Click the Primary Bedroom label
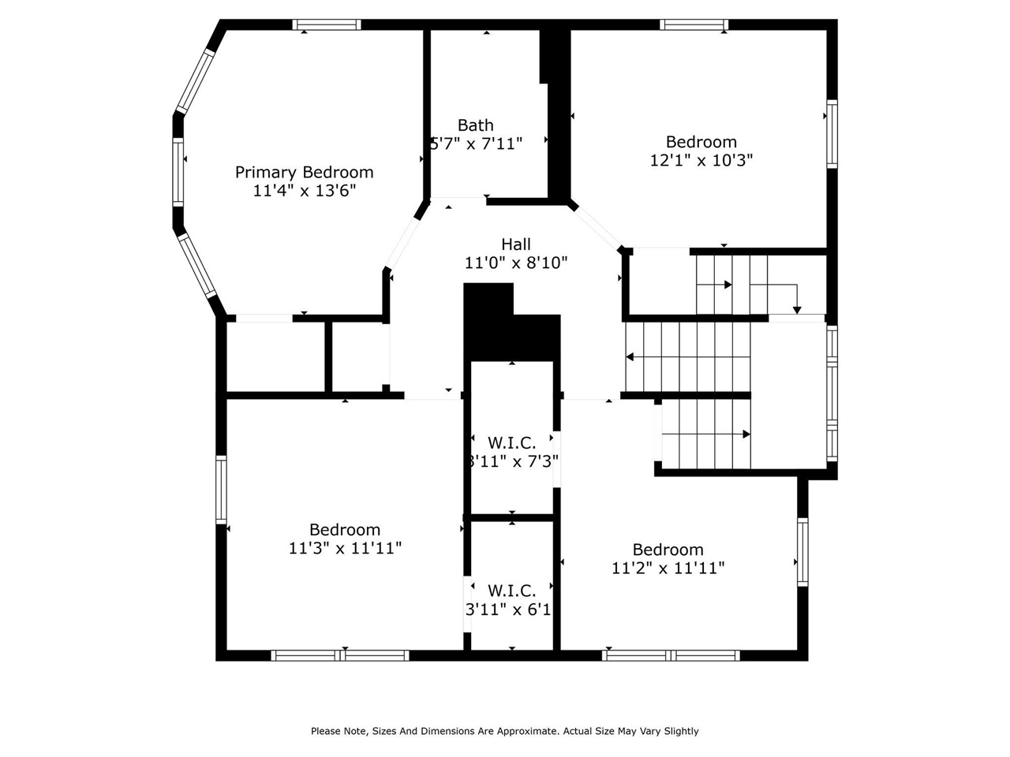pos(304,172)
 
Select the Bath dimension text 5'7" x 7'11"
pos(477,144)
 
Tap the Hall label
pos(516,244)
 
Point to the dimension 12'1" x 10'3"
pos(701,160)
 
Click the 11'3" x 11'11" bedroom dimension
pos(345,548)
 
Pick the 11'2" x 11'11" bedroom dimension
pos(668,568)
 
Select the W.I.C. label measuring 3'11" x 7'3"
pos(511,442)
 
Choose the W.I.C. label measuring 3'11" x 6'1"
pos(511,591)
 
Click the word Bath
pos(476,125)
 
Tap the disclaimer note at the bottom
pos(505,731)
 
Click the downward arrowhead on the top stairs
pos(797,309)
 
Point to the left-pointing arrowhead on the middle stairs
pos(630,357)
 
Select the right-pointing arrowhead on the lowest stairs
pos(746,434)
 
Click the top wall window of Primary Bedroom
pos(327,24)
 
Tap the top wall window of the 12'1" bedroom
pos(694,24)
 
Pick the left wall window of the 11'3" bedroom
pos(221,490)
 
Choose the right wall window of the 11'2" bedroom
pos(802,551)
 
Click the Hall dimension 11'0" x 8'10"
pos(516,263)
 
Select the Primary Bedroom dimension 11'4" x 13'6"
pos(304,191)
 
